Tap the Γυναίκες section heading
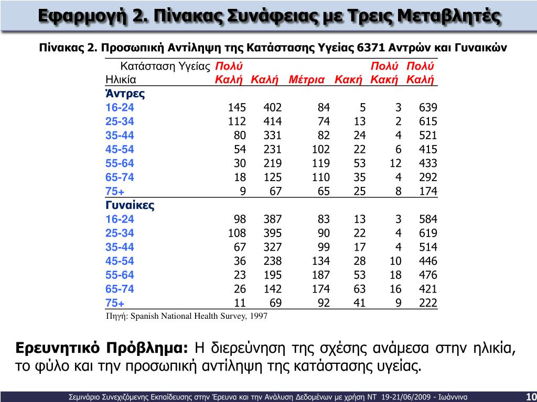[x=130, y=205]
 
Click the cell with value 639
[x=428, y=108]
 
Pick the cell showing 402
[x=272, y=108]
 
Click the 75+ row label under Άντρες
[x=115, y=191]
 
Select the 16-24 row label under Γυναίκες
[x=120, y=219]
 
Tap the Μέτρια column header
[x=307, y=80]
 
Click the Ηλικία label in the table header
[x=121, y=80]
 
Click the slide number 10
[x=530, y=396]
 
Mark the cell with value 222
[x=428, y=303]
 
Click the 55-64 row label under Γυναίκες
[x=120, y=275]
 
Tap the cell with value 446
[x=428, y=261]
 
